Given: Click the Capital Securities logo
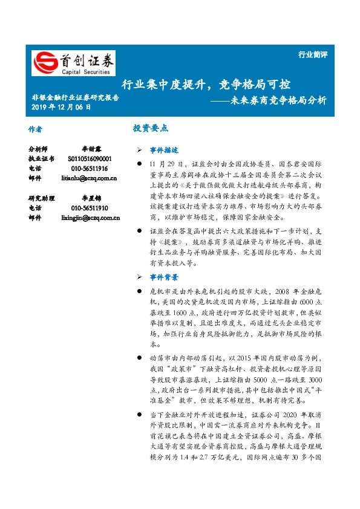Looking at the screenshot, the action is tap(73, 63).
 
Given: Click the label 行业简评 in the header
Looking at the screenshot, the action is tap(313, 54).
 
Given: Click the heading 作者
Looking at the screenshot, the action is tap(35, 129).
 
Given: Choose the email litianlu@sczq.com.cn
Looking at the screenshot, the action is tap(89, 178).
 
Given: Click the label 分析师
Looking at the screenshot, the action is tap(38, 148).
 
